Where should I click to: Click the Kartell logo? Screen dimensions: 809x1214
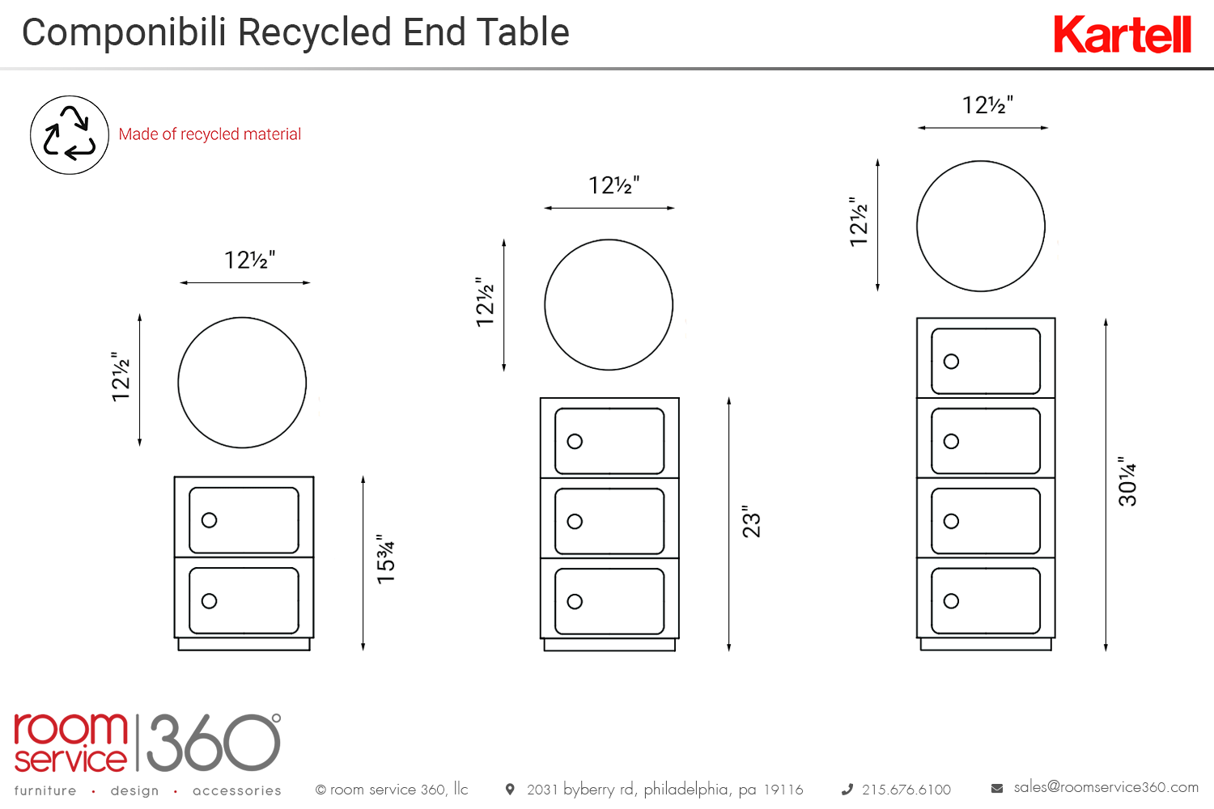(x=1122, y=35)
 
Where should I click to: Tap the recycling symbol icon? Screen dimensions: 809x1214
(x=70, y=135)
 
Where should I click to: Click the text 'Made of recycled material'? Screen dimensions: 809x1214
(x=210, y=134)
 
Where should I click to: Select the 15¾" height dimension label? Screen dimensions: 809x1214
(x=386, y=558)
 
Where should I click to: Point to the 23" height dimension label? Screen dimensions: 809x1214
(x=751, y=522)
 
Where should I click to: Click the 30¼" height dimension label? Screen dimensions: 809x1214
(x=1127, y=481)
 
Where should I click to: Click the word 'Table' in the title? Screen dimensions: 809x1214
(x=523, y=33)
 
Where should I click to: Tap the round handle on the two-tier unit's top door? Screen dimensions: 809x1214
(x=210, y=520)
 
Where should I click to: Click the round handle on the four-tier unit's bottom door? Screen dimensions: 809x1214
(x=952, y=601)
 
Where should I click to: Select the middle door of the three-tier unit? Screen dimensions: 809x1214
(x=609, y=521)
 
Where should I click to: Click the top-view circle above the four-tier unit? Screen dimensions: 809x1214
(x=981, y=226)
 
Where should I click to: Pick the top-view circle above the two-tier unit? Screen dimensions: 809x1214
(x=242, y=383)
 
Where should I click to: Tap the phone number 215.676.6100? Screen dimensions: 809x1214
(x=906, y=790)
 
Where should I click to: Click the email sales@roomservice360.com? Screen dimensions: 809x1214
(x=1106, y=787)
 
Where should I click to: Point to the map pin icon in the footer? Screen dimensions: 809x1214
(x=510, y=789)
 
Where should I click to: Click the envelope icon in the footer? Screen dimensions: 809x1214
(x=997, y=788)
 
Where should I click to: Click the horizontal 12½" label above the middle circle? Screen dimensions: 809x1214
(x=613, y=186)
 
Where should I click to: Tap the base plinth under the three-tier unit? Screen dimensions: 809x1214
(x=609, y=645)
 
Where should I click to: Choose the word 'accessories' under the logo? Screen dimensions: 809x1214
(x=237, y=790)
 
